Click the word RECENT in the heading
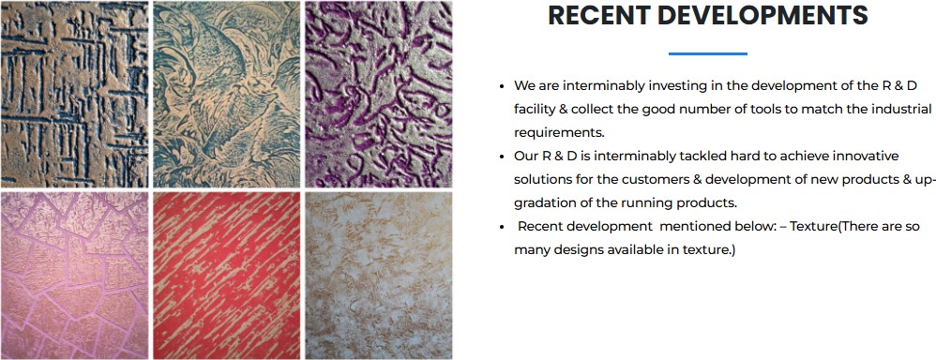pos(598,16)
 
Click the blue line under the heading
pos(707,53)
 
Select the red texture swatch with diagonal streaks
pos(227,276)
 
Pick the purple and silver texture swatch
pos(379,95)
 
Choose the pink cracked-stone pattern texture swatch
pos(74,276)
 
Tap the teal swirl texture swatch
pos(227,95)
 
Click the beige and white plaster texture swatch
pos(379,276)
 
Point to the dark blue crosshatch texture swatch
pos(74,95)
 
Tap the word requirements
pos(556,131)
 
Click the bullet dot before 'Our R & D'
pos(504,157)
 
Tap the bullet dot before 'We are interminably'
pos(504,86)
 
